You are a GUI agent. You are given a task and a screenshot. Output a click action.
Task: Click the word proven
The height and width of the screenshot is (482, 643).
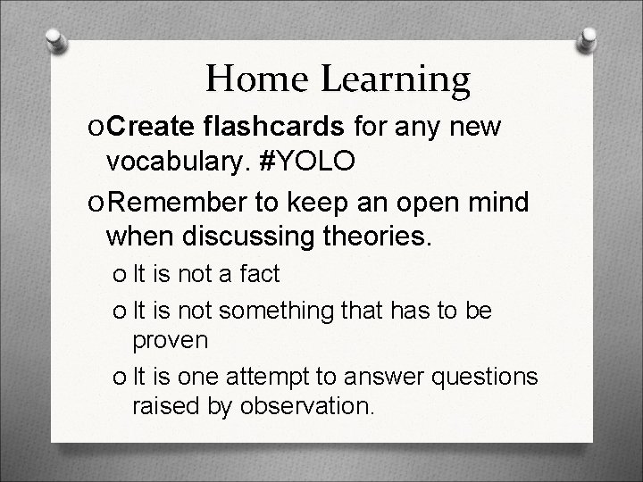(x=170, y=340)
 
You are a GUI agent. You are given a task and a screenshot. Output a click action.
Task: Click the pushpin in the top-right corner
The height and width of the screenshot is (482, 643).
(x=589, y=39)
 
